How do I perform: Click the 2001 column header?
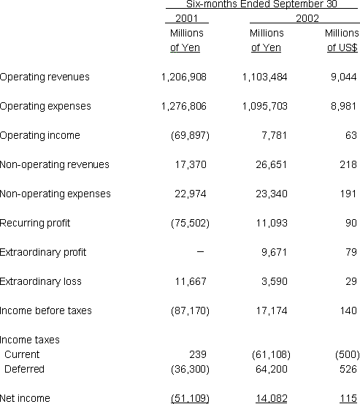pos(187,18)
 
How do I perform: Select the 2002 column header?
pos(307,18)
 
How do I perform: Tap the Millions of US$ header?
pos(340,40)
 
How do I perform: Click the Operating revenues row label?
pos(45,77)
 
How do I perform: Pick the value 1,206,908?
pos(183,77)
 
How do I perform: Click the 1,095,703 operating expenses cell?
pos(264,106)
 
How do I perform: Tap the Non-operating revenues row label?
pos(55,164)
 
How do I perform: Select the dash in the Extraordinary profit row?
pos(200,251)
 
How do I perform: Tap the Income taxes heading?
pos(30,340)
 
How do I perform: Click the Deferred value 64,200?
pos(270,369)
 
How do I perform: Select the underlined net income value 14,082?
pos(270,398)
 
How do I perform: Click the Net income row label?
pos(25,398)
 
